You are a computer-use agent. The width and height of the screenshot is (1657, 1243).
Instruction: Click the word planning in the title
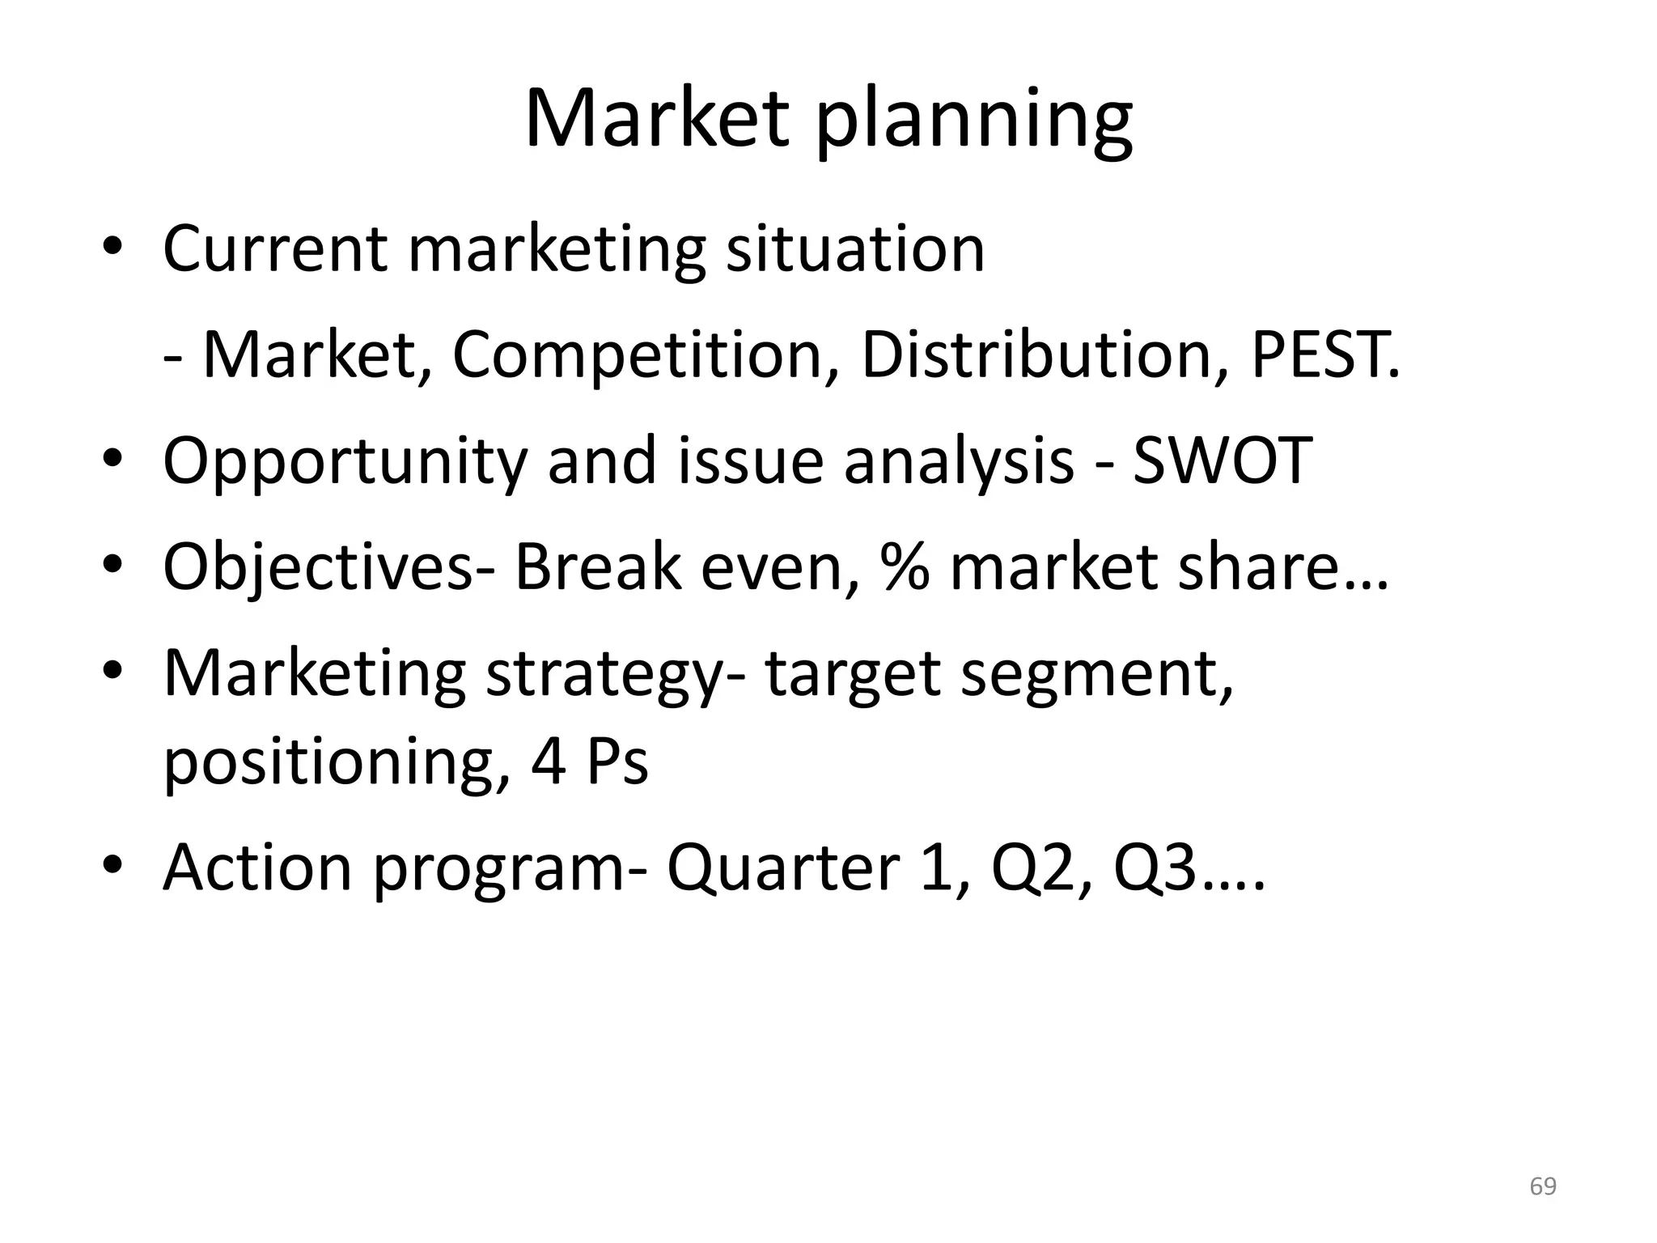pos(973,121)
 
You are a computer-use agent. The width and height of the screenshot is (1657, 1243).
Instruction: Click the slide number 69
pos(1543,1186)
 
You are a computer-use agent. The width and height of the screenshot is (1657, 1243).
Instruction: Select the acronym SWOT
pos(1222,460)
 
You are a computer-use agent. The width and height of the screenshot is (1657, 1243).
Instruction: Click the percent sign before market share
pos(905,566)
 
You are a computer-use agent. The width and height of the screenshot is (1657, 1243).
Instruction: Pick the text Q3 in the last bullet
pos(1155,868)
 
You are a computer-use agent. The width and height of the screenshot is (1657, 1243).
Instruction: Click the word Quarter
pos(782,868)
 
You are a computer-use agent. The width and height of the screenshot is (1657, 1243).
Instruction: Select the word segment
pos(1096,673)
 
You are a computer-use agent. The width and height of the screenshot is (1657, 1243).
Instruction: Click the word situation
pos(855,248)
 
